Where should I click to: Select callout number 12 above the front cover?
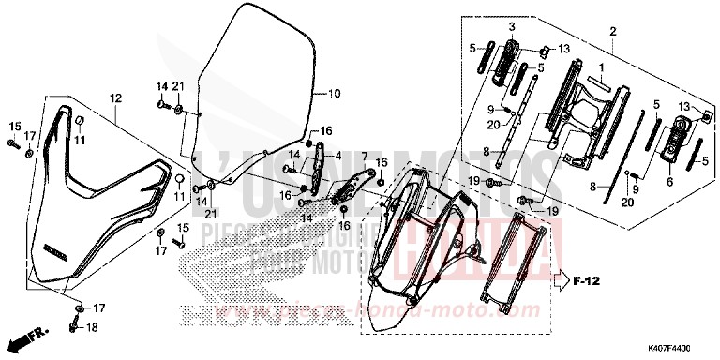point(116,98)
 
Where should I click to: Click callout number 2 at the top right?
point(612,31)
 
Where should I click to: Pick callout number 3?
point(513,26)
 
